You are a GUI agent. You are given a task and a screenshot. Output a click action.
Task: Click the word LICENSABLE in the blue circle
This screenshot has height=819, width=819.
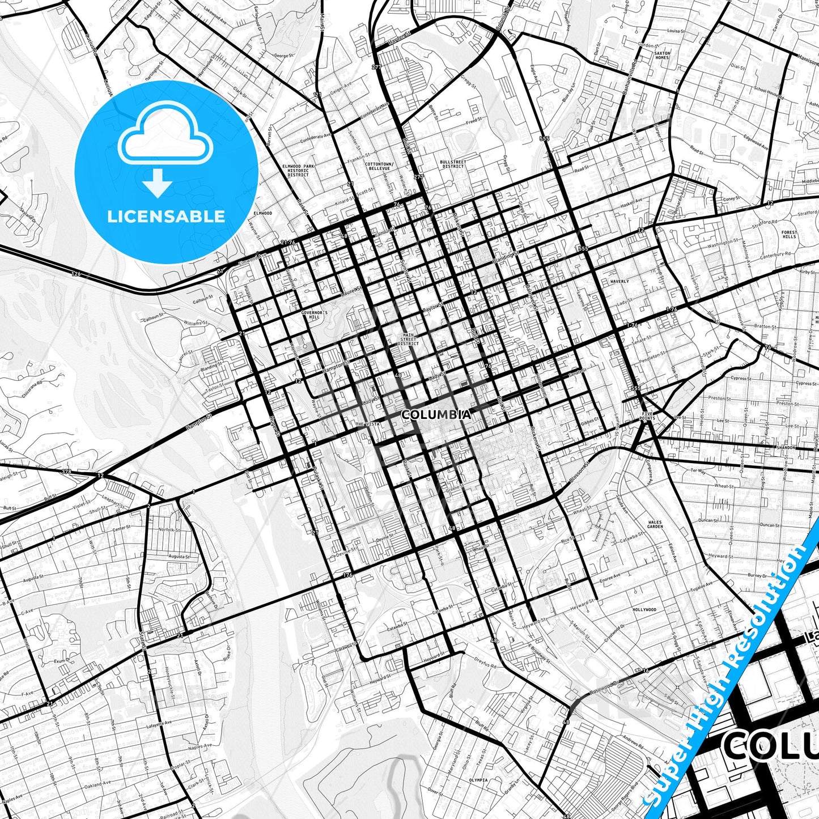point(166,217)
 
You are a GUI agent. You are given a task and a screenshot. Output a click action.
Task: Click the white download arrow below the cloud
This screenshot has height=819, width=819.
point(158,184)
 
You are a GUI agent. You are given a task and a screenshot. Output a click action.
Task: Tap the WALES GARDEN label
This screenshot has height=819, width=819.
point(655,524)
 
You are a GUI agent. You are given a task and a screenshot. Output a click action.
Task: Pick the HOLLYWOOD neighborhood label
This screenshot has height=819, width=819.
point(644,610)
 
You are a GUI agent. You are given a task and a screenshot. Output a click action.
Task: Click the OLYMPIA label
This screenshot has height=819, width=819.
point(478,780)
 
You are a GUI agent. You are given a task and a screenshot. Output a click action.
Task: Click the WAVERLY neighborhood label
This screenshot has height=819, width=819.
point(619,281)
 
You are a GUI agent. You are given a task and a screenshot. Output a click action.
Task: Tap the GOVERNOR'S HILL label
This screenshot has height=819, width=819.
point(314,315)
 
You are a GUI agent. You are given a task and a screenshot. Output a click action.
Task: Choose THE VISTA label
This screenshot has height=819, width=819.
point(367,424)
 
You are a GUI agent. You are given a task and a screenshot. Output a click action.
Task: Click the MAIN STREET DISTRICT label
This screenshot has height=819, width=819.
point(408,339)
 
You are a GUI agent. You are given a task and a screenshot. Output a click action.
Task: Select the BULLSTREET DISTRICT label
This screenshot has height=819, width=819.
point(452,164)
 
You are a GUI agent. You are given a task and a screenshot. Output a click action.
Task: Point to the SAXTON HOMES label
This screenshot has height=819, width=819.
point(662,56)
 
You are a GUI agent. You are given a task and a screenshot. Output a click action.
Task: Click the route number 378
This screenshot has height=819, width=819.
point(67,472)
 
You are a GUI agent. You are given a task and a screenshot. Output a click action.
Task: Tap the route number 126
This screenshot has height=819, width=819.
point(76,274)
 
